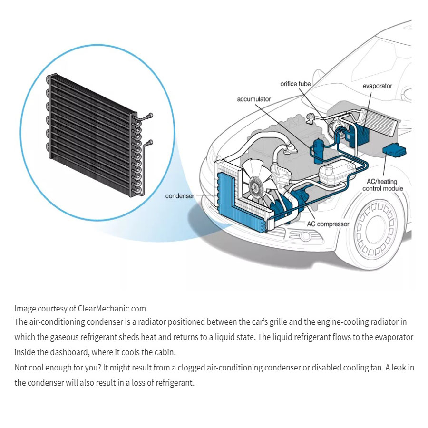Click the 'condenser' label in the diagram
tap(179, 196)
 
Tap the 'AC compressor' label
tap(328, 224)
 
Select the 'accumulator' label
tap(254, 99)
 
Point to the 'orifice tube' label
tap(295, 84)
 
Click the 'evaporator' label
tap(377, 86)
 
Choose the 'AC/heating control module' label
tap(382, 185)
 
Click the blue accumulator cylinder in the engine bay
tap(318, 151)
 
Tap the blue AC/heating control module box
tap(394, 150)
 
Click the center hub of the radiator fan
tap(256, 187)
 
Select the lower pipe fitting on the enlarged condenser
tap(149, 143)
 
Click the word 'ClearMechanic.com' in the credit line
tap(112, 309)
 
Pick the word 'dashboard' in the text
tap(69, 352)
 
